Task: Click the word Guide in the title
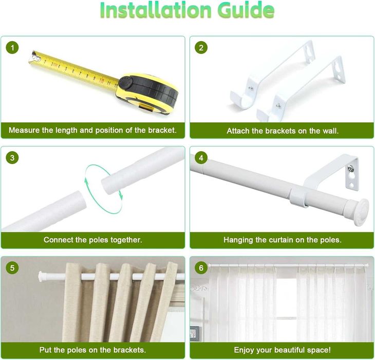[246, 10]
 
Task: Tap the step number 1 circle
[12, 48]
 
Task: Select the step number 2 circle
[201, 48]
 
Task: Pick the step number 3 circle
[12, 158]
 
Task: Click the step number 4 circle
[201, 158]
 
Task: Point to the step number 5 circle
[12, 268]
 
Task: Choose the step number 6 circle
[201, 268]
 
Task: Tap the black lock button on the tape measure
[125, 83]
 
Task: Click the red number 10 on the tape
[102, 80]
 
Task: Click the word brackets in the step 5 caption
[129, 350]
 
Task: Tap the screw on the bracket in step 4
[351, 168]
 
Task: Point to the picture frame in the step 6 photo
[194, 332]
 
